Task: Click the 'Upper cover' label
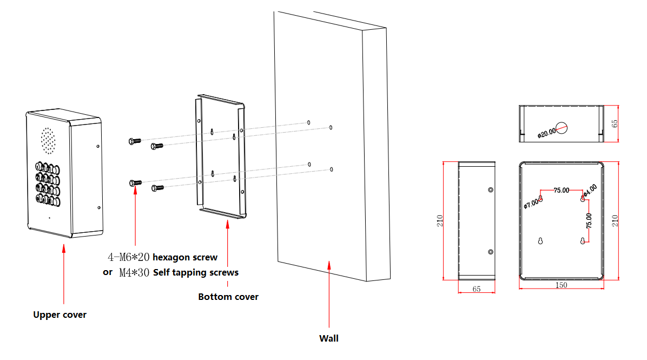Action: click(x=60, y=315)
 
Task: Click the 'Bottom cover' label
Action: click(x=228, y=297)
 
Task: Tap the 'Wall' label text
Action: click(x=328, y=338)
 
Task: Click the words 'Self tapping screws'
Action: click(x=196, y=272)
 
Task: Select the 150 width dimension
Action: click(x=561, y=285)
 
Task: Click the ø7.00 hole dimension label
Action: click(x=531, y=204)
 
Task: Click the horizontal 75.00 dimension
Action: click(x=561, y=191)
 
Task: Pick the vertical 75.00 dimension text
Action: click(x=589, y=219)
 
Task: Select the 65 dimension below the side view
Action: click(x=477, y=289)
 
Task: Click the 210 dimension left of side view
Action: click(x=440, y=220)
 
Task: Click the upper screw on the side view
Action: click(x=491, y=189)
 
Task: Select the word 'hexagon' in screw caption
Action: click(x=169, y=257)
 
